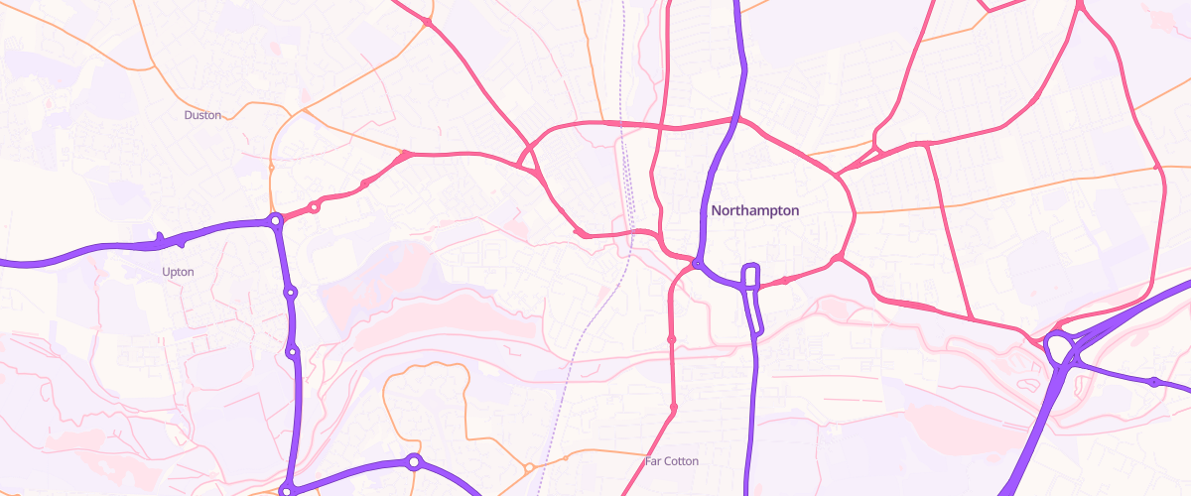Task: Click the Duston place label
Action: coord(202,115)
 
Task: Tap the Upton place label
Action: coord(178,271)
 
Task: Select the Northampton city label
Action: coord(755,210)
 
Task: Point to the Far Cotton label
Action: coord(672,461)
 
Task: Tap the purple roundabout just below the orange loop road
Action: coord(414,461)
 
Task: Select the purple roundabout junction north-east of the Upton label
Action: coord(274,221)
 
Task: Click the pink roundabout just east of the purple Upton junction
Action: coord(315,207)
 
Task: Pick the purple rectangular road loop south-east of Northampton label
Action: coord(751,277)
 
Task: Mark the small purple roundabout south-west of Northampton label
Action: coord(699,265)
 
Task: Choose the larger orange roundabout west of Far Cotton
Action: coord(529,467)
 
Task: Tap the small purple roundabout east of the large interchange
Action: coord(1154,382)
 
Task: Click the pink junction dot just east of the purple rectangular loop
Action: coord(785,281)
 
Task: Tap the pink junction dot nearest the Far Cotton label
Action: coord(674,408)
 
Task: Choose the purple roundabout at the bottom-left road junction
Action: coord(288,490)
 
